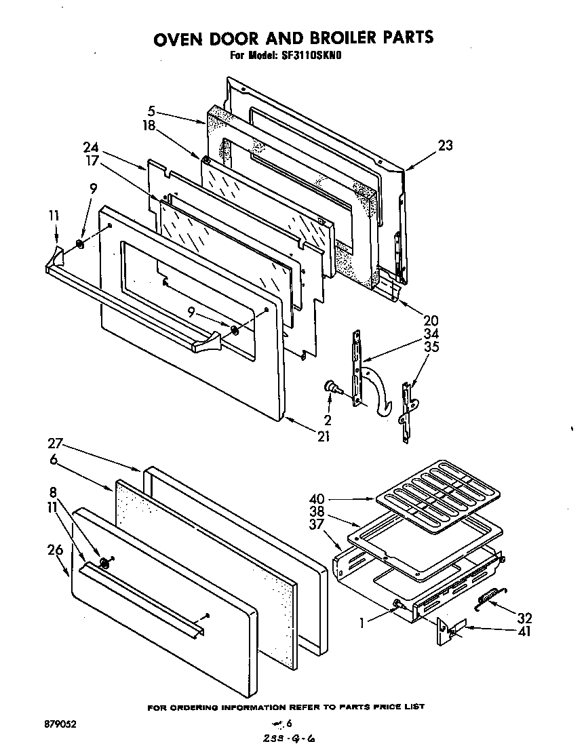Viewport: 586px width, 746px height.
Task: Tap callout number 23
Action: tap(445, 145)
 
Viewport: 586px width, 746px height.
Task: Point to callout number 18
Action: tap(151, 125)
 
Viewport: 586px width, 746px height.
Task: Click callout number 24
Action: tap(91, 147)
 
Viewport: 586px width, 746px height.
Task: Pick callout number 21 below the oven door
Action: tap(324, 437)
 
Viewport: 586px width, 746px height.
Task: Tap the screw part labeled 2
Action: tap(333, 387)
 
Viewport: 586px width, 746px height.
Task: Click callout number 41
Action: tap(523, 632)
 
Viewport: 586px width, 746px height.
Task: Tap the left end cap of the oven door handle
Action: tap(56, 258)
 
